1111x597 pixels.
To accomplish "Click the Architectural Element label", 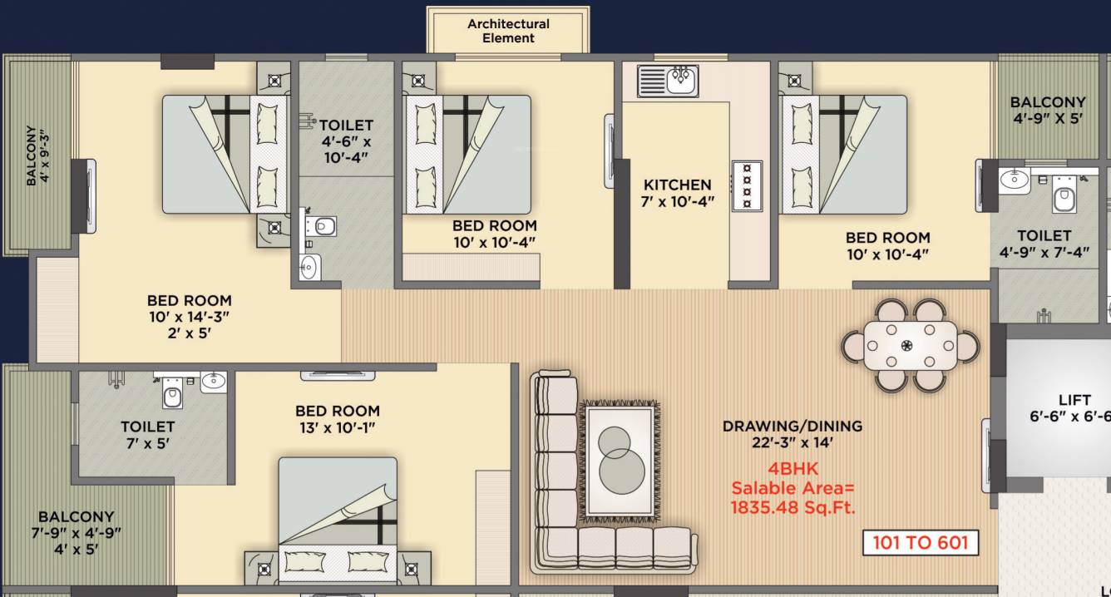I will pyautogui.click(x=508, y=31).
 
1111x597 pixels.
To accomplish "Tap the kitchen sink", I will pyautogui.click(x=669, y=81).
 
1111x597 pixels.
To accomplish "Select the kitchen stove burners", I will pyautogui.click(x=746, y=185).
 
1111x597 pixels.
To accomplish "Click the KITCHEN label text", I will pyautogui.click(x=678, y=185).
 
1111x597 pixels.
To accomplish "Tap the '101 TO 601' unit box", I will pyautogui.click(x=920, y=543).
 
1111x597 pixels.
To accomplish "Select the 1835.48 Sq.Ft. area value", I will pyautogui.click(x=793, y=507).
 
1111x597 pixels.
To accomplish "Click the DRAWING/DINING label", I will pyautogui.click(x=792, y=426).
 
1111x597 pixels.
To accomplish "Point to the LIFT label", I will pyautogui.click(x=1074, y=400).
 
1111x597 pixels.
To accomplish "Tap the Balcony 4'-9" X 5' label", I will pyautogui.click(x=1048, y=110).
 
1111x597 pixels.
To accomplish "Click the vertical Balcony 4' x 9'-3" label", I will pyautogui.click(x=37, y=155).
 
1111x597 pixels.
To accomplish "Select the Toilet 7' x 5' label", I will pyautogui.click(x=147, y=435).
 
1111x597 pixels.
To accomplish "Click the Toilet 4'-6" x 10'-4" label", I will pyautogui.click(x=345, y=141).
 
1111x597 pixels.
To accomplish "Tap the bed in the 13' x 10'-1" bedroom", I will pyautogui.click(x=337, y=520).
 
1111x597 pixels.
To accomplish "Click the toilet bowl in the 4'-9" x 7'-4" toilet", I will pyautogui.click(x=1064, y=199).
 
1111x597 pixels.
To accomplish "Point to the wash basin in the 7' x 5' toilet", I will pyautogui.click(x=212, y=382).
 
